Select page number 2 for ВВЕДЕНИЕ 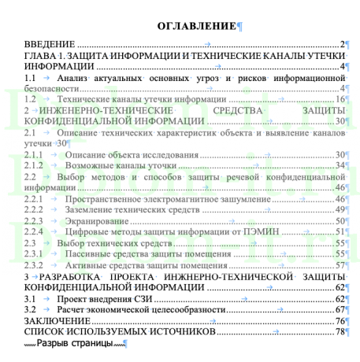click(x=343, y=45)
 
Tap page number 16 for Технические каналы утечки click(x=340, y=100)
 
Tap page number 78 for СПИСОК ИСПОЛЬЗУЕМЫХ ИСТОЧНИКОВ click(x=340, y=333)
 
